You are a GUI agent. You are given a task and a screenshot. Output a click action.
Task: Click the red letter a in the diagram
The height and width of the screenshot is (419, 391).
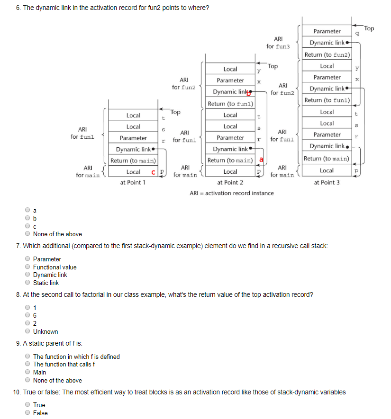point(261,160)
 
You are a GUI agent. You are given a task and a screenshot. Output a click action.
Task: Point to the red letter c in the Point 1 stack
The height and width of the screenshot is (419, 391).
point(154,172)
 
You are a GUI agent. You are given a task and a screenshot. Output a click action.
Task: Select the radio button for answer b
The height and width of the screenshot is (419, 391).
point(28,218)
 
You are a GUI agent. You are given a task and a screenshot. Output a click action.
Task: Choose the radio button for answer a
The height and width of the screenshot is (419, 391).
point(28,210)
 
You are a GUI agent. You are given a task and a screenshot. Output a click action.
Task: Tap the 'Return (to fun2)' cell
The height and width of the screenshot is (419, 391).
point(327,54)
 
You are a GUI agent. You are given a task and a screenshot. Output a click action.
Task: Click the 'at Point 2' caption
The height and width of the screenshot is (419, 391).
point(230,183)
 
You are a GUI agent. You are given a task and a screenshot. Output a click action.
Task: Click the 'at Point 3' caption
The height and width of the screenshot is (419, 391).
point(327,183)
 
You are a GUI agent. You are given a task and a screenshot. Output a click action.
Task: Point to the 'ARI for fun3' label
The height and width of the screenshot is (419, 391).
point(278,43)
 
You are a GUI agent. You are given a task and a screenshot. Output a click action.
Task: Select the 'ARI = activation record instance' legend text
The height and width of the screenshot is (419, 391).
point(231,193)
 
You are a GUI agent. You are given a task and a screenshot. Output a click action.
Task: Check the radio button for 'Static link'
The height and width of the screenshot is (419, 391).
point(28,283)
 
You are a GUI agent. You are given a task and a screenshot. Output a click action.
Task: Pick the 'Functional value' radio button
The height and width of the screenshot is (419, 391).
point(28,267)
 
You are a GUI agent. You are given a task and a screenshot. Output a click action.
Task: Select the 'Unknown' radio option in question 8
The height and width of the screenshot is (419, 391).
point(28,332)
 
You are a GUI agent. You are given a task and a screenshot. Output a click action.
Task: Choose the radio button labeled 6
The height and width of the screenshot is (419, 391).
point(28,316)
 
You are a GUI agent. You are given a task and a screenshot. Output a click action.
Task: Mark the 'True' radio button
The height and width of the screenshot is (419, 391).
point(28,405)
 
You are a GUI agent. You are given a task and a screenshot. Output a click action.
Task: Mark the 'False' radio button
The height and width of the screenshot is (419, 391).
point(28,413)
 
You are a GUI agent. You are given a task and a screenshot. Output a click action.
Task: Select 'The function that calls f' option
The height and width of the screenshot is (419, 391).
point(28,365)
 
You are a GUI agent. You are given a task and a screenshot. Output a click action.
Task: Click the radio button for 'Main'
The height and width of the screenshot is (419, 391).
point(28,373)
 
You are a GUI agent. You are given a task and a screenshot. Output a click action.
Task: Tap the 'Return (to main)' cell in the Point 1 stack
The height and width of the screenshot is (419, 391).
point(133,161)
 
